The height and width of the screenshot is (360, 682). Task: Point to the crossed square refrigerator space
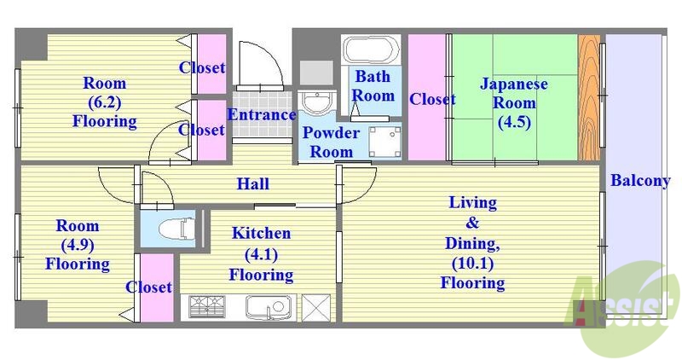tap(316, 305)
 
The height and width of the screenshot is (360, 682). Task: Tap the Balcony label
tap(639, 181)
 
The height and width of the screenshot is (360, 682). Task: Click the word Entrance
tap(262, 115)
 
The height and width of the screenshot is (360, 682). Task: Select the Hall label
tap(253, 183)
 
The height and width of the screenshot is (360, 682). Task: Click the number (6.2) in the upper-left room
tap(104, 102)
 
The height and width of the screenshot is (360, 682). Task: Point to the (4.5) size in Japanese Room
tap(514, 121)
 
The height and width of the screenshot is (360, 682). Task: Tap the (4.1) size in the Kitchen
tap(261, 254)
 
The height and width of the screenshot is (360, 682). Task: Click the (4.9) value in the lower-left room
tap(77, 246)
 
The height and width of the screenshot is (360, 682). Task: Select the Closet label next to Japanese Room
tap(431, 100)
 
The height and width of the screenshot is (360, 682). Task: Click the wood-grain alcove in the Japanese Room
tap(589, 98)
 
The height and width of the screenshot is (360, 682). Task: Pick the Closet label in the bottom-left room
tap(149, 287)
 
